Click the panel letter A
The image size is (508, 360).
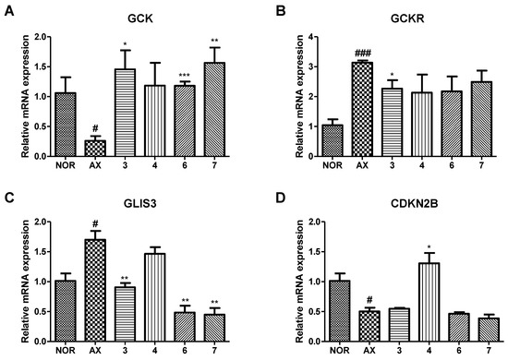tap(8, 8)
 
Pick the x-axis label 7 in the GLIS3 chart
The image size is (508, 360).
tap(217, 349)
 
